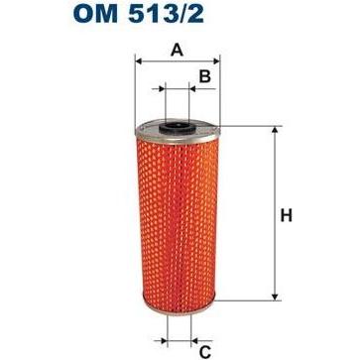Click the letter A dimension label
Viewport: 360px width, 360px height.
click(x=177, y=51)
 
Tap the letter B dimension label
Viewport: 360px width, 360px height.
click(x=205, y=76)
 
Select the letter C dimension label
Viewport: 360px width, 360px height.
click(x=205, y=353)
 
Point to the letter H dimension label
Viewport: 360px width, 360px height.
click(x=287, y=216)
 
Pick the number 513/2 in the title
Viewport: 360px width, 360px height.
click(x=166, y=14)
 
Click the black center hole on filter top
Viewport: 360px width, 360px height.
click(x=177, y=125)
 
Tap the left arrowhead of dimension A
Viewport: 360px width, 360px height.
click(x=139, y=61)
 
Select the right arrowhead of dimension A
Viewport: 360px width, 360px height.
click(x=216, y=61)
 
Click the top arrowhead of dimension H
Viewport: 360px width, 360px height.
click(x=274, y=130)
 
